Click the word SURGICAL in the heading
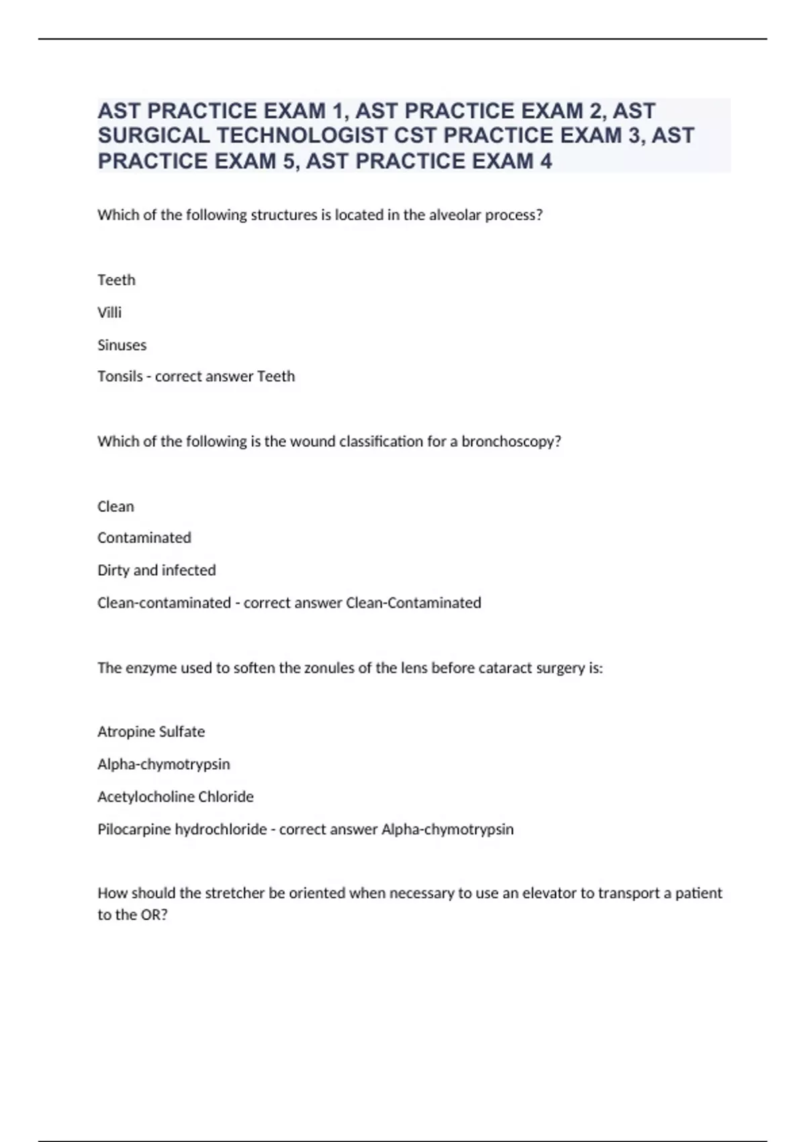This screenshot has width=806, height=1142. tap(154, 136)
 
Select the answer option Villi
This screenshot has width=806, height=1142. tap(109, 312)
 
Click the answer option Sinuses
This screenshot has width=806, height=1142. tap(122, 345)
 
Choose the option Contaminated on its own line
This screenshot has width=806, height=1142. tap(144, 537)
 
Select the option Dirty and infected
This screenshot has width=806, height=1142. tap(156, 570)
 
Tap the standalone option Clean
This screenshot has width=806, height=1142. tap(116, 507)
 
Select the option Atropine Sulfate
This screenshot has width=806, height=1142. tap(151, 732)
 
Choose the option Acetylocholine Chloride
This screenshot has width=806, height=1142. tap(175, 797)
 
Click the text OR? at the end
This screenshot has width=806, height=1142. tap(153, 915)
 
